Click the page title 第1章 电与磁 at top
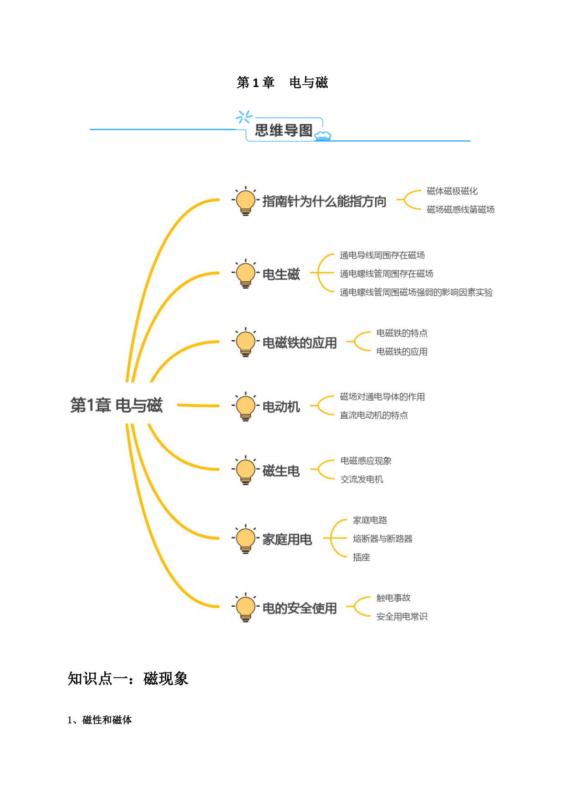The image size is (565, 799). [282, 82]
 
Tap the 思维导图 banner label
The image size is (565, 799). [283, 130]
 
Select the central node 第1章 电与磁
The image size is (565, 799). [117, 405]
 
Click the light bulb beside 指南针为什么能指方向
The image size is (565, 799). [245, 201]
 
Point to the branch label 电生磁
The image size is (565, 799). [281, 274]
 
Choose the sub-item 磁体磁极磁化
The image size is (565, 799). [452, 191]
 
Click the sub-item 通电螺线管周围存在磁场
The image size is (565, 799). [386, 274]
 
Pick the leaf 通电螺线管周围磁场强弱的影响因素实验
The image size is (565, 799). [416, 292]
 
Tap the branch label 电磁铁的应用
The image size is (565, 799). [300, 343]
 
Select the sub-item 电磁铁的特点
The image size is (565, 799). [402, 333]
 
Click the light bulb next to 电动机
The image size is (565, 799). [245, 406]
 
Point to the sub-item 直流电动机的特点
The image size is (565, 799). [374, 415]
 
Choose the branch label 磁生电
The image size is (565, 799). [281, 471]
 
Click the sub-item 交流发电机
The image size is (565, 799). [362, 479]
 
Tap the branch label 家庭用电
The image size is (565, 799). [287, 539]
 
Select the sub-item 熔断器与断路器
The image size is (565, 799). [382, 539]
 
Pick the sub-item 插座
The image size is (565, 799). [361, 557]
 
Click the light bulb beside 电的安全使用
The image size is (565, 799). [245, 608]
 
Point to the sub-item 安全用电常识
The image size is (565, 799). [402, 617]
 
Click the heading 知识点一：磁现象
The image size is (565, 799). [128, 679]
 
